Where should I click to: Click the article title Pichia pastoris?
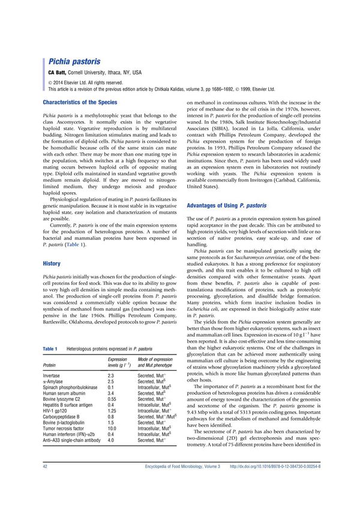click(74, 62)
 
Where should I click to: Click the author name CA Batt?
click(56, 72)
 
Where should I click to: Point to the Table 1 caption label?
click(50, 349)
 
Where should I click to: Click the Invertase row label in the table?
click(55, 375)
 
